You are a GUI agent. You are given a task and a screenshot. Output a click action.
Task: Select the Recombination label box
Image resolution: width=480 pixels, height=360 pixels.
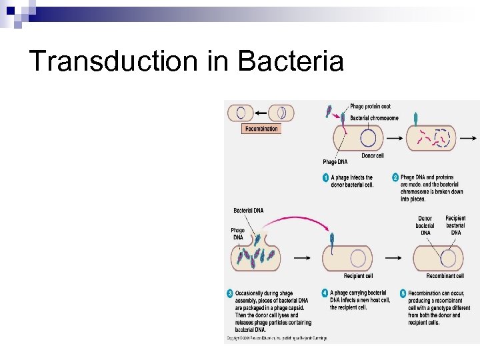pyautogui.click(x=261, y=129)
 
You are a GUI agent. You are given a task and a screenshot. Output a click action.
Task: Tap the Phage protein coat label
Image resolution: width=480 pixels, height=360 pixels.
pyautogui.click(x=370, y=107)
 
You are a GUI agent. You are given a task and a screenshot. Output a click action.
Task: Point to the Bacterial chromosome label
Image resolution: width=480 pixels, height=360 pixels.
pyautogui.click(x=374, y=118)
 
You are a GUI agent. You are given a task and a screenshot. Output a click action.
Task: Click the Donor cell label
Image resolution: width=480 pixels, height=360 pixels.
pyautogui.click(x=373, y=156)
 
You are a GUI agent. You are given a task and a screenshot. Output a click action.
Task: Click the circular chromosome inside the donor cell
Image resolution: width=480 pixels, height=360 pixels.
pyautogui.click(x=368, y=137)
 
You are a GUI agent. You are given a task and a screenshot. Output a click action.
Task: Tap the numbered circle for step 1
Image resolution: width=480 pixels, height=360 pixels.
pyautogui.click(x=326, y=178)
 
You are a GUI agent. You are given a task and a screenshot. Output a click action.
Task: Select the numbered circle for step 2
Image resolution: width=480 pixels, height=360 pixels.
pyautogui.click(x=395, y=178)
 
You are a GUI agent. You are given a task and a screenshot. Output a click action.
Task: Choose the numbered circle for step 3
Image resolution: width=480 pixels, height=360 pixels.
pyautogui.click(x=229, y=293)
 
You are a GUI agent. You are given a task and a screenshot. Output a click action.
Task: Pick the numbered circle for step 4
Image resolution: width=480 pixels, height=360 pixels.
pyautogui.click(x=325, y=293)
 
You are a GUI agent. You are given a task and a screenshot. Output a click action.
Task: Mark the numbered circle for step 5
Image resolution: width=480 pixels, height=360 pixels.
pyautogui.click(x=403, y=293)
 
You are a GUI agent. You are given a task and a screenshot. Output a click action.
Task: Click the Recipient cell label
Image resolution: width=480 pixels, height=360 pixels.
pyautogui.click(x=358, y=276)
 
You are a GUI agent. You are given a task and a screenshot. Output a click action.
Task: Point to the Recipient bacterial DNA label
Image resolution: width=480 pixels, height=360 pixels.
pyautogui.click(x=455, y=225)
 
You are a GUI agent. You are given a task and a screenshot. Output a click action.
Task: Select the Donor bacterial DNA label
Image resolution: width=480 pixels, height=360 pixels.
pyautogui.click(x=425, y=225)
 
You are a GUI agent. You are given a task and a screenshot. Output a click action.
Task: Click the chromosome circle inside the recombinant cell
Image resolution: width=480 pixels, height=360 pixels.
pyautogui.click(x=448, y=257)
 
